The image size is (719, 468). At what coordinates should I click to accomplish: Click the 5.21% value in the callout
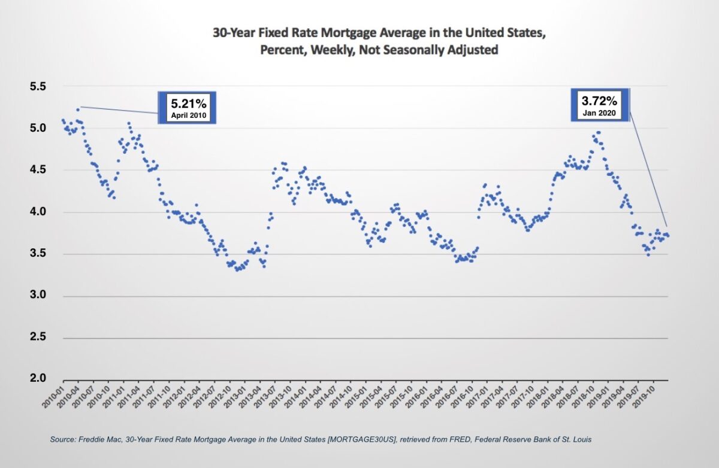click(186, 102)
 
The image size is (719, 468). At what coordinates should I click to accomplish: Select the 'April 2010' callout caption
click(186, 116)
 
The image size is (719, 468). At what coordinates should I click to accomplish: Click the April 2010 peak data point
click(78, 110)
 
